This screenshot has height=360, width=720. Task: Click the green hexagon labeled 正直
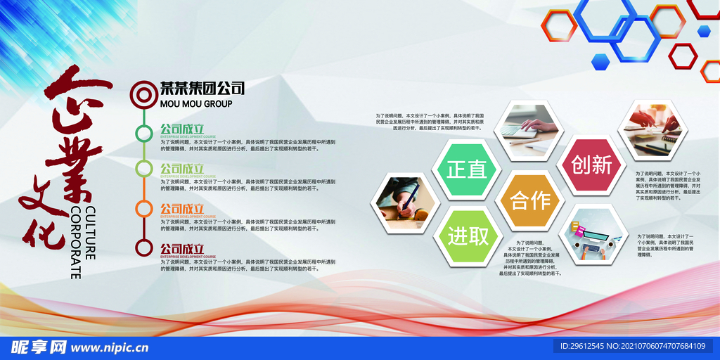click(466, 169)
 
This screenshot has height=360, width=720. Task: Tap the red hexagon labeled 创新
click(591, 165)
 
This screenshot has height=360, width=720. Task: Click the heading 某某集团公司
click(202, 89)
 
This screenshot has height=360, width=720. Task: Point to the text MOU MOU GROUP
click(196, 104)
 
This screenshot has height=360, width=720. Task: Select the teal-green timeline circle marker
click(143, 131)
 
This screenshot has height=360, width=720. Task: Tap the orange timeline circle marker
click(143, 208)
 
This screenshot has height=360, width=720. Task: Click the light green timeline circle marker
click(143, 169)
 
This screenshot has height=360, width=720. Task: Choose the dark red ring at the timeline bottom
click(143, 247)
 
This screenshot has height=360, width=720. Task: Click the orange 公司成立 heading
click(182, 208)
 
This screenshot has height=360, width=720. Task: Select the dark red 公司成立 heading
click(182, 248)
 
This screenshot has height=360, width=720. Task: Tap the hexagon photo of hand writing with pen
click(404, 202)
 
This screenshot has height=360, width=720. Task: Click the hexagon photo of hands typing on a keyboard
click(528, 128)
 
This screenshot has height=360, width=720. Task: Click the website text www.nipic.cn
click(110, 347)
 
